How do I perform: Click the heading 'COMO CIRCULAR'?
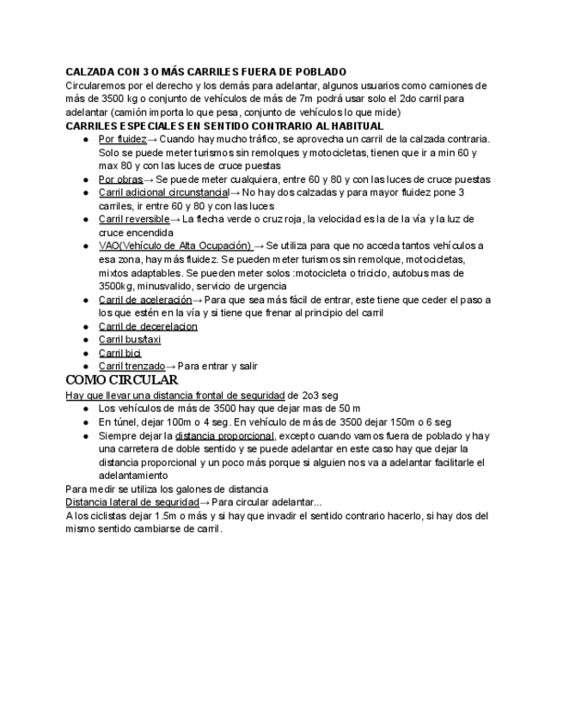pyautogui.click(x=121, y=380)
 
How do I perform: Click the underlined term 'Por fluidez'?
pyautogui.click(x=122, y=138)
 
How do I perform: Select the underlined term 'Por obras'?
pyautogui.click(x=120, y=179)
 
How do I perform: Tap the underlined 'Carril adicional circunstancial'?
pyautogui.click(x=163, y=192)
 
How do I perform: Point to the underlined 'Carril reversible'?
pyautogui.click(x=134, y=219)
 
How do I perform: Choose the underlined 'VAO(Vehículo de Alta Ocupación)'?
pyautogui.click(x=174, y=246)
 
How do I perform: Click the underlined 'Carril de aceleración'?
pyautogui.click(x=144, y=300)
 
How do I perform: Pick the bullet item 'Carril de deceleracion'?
pyautogui.click(x=148, y=326)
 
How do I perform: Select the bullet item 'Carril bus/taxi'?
pyautogui.click(x=130, y=339)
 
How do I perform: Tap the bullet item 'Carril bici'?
pyautogui.click(x=119, y=353)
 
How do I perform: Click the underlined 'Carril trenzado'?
pyautogui.click(x=132, y=366)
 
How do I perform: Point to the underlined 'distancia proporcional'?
pyautogui.click(x=224, y=435)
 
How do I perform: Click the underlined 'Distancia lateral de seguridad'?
pyautogui.click(x=132, y=502)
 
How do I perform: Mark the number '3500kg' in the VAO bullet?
pyautogui.click(x=116, y=285)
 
